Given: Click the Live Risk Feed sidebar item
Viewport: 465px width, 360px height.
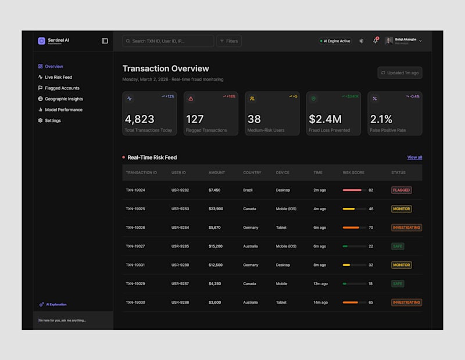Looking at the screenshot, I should (58, 77).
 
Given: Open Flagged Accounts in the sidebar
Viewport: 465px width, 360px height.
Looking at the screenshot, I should (62, 88).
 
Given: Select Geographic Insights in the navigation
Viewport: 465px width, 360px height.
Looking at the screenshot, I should (63, 99).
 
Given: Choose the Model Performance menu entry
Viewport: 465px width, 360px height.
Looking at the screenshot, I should (63, 110).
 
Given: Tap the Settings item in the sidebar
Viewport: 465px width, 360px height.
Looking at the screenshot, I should (52, 121).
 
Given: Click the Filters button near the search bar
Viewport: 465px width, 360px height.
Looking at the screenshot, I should (229, 41).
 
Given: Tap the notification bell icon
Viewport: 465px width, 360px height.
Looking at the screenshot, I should (375, 41).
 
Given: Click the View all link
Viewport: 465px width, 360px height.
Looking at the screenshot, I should (414, 157).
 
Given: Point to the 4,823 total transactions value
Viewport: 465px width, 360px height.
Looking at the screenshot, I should (139, 119).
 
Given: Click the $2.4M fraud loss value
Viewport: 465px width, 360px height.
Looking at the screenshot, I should (325, 119).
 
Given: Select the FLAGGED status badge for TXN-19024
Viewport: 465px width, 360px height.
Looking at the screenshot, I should (402, 190).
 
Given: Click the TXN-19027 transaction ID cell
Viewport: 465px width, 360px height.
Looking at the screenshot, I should (135, 246).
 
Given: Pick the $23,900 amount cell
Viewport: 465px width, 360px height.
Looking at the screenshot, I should (216, 209).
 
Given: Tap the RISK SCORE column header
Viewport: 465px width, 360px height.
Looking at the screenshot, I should (353, 172).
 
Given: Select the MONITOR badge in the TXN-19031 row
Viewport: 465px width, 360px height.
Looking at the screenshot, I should (402, 265).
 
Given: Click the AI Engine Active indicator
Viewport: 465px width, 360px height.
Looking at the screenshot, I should (335, 41).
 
